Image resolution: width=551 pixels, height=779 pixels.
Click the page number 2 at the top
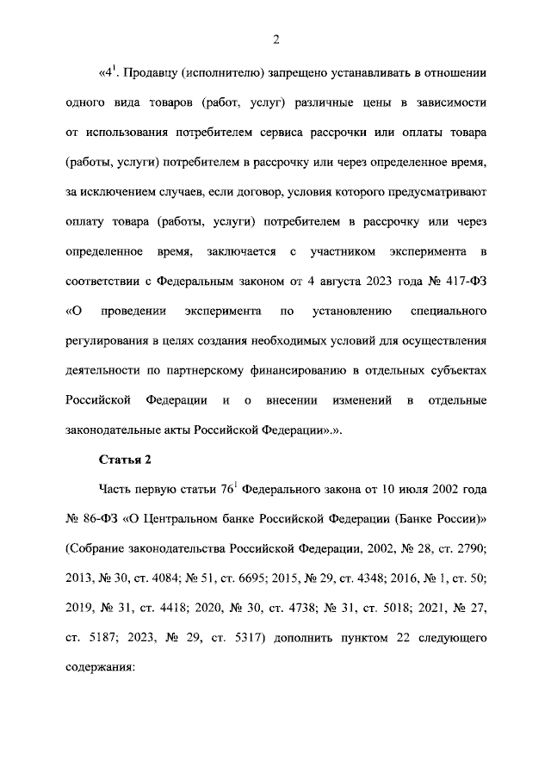click(x=275, y=38)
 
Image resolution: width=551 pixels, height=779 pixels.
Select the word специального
click(x=449, y=311)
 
